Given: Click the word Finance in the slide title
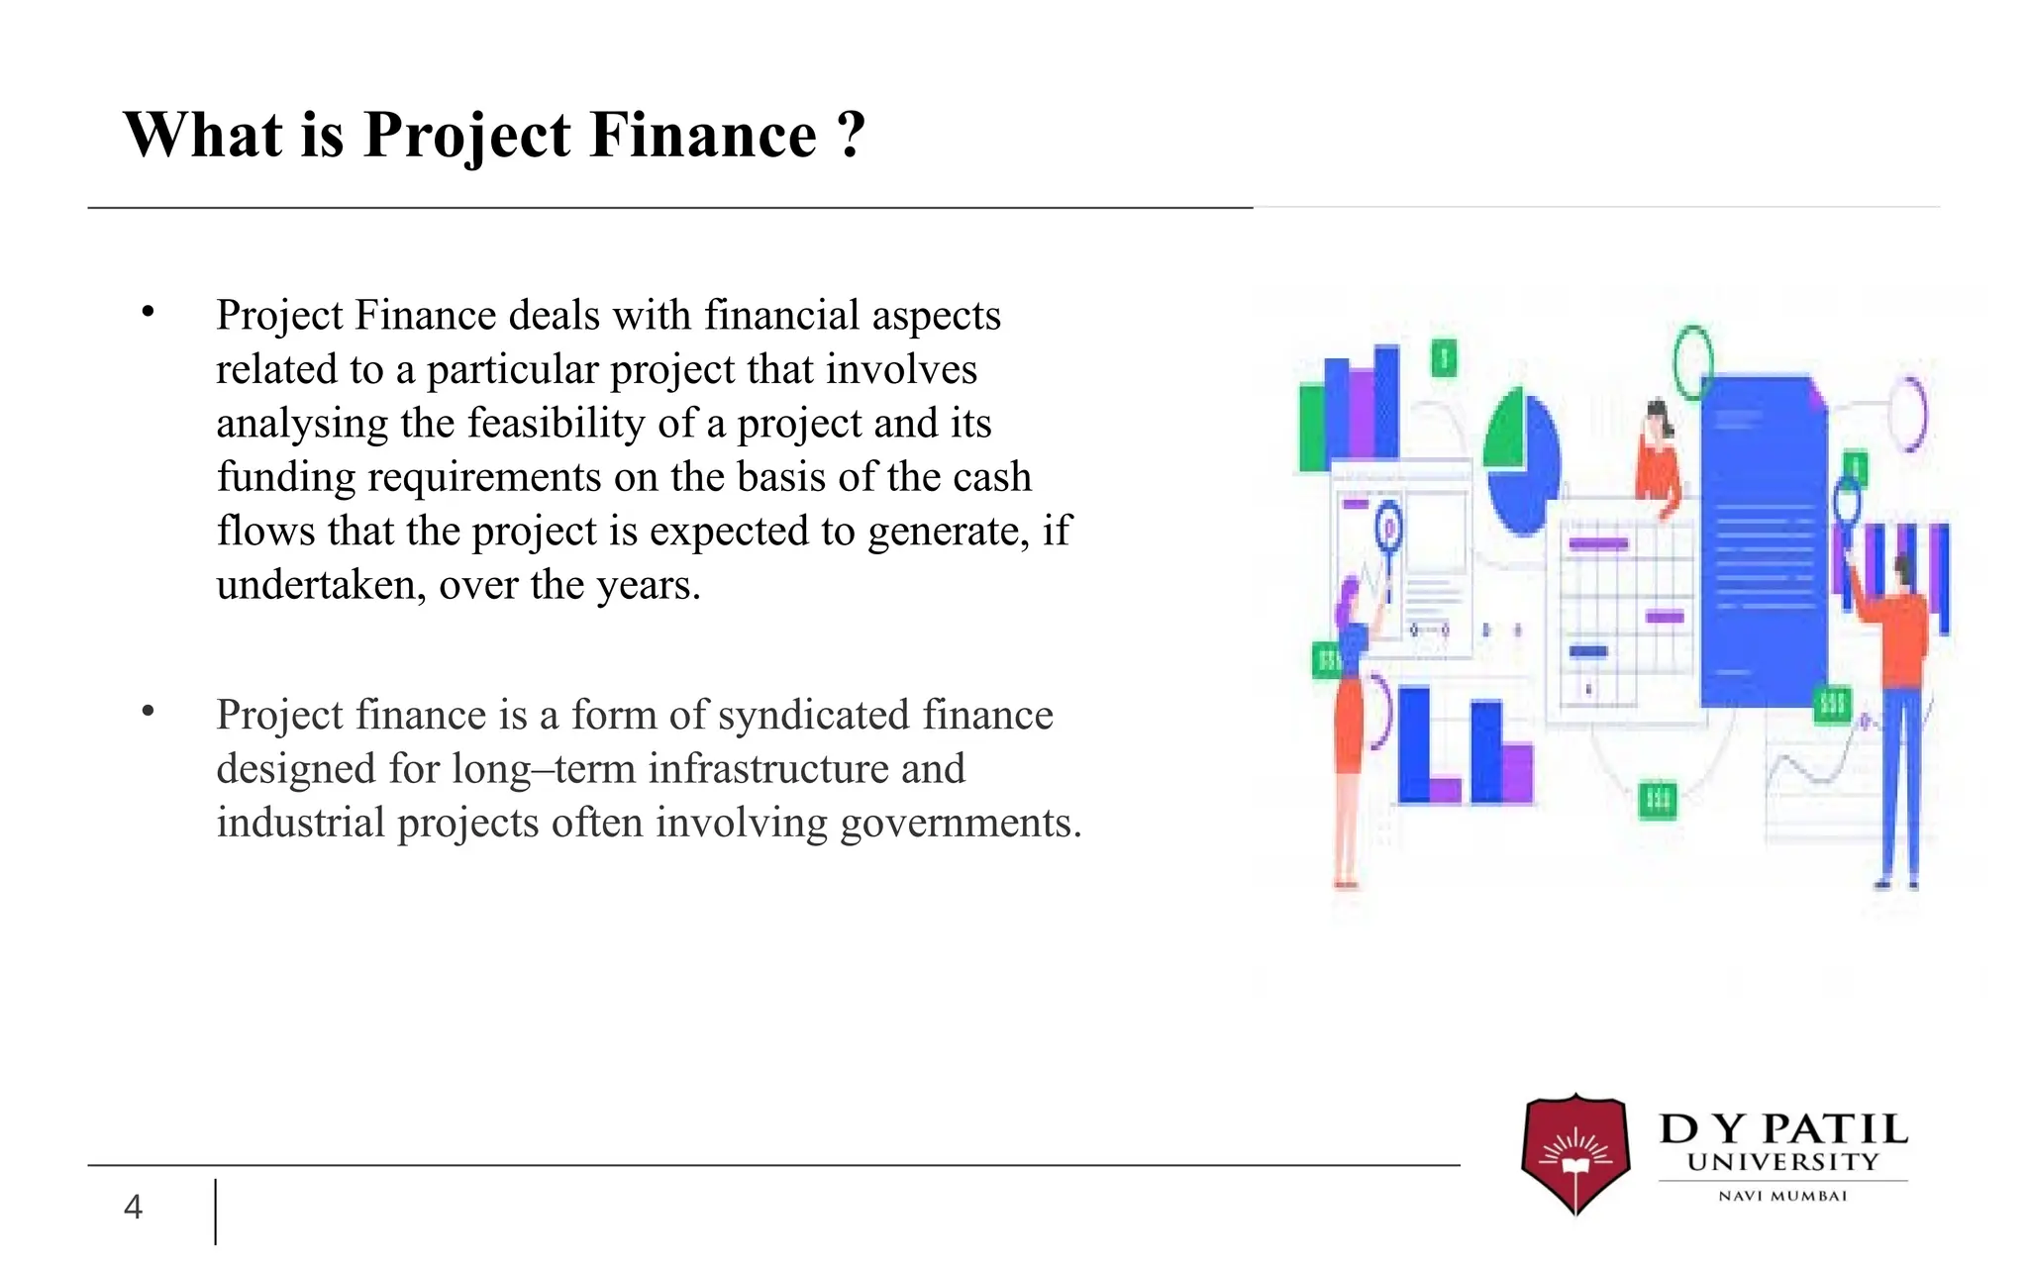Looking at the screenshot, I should click(x=703, y=135).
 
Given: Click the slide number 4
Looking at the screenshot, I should click(x=133, y=1207).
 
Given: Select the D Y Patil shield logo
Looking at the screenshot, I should click(x=1574, y=1152).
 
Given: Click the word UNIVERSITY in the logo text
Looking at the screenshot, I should click(x=1782, y=1162).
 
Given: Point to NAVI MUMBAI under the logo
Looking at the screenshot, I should click(x=1782, y=1196).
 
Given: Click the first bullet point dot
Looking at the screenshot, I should click(x=149, y=313).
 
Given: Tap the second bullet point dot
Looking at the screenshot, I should click(x=149, y=711).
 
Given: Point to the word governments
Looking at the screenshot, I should click(x=960, y=823).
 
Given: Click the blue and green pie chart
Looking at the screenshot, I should click(x=1522, y=460).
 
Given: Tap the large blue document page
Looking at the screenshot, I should click(x=1763, y=539).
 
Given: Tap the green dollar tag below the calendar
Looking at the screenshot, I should click(x=1658, y=799).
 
